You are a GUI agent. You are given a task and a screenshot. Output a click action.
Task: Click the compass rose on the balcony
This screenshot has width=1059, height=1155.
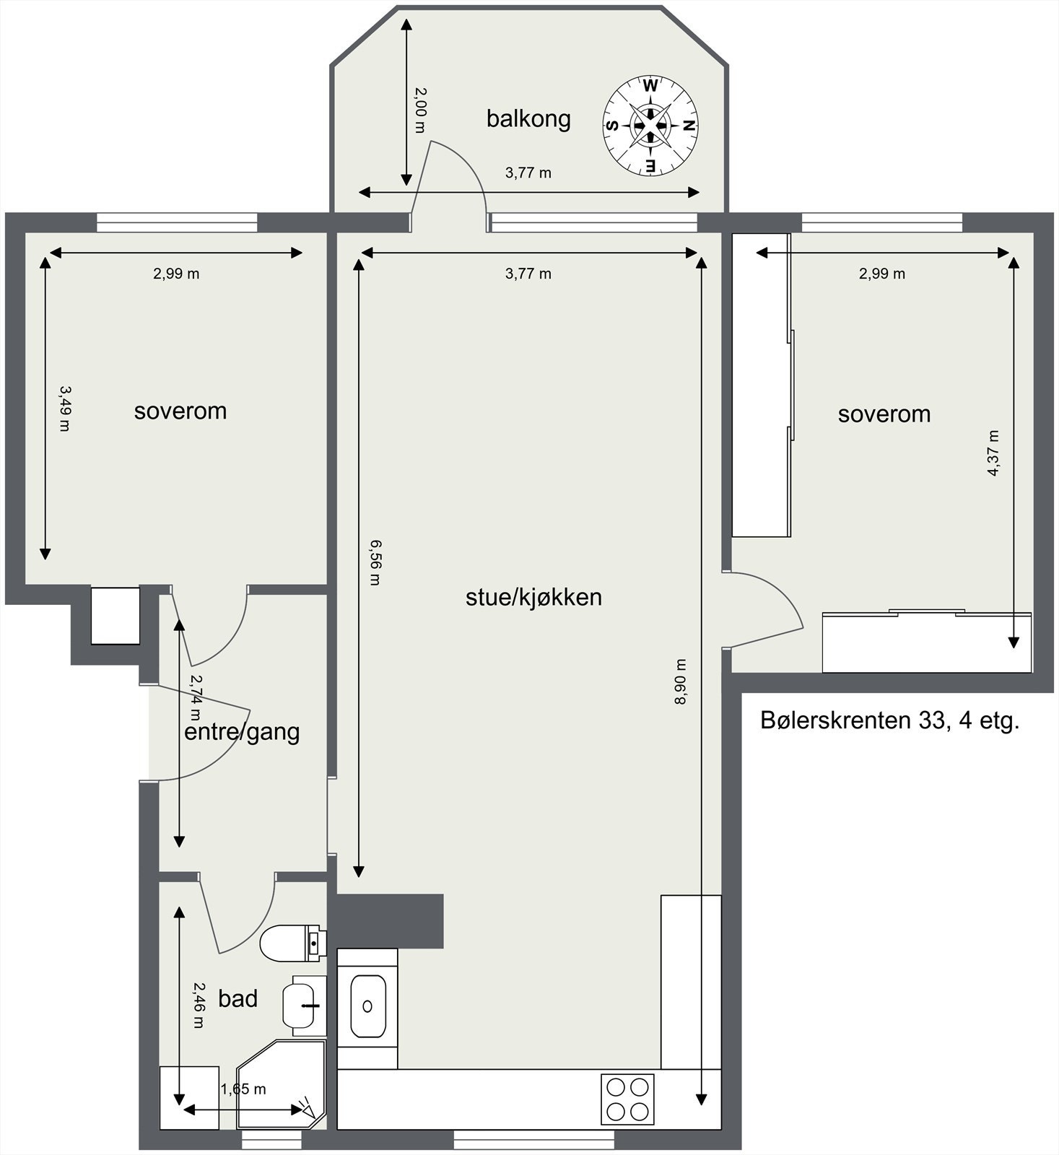650,126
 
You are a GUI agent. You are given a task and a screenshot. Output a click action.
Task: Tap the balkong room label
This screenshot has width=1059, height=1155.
528,118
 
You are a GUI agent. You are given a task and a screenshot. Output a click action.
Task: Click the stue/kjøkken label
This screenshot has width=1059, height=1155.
533,597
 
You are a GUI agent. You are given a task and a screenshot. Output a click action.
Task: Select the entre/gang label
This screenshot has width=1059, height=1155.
242,732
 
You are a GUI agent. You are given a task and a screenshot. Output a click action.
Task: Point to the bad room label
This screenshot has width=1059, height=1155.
237,998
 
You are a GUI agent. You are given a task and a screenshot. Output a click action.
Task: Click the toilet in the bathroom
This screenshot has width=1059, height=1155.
292,943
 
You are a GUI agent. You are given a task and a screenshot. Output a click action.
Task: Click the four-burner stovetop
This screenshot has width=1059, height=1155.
627,1099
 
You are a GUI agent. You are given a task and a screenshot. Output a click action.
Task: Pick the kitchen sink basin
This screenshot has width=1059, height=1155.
368,1006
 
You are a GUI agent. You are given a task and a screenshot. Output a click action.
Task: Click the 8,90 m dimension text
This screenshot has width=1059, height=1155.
680,682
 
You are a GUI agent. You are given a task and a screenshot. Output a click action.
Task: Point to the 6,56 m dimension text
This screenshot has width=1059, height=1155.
373,562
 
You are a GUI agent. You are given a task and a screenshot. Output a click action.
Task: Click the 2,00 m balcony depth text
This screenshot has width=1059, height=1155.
421,110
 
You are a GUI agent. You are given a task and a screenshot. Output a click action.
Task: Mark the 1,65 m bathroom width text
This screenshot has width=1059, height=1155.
243,1089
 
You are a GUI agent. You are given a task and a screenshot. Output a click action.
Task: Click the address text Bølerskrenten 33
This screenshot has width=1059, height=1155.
889,720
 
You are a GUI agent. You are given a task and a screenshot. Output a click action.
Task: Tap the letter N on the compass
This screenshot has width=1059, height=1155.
689,126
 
